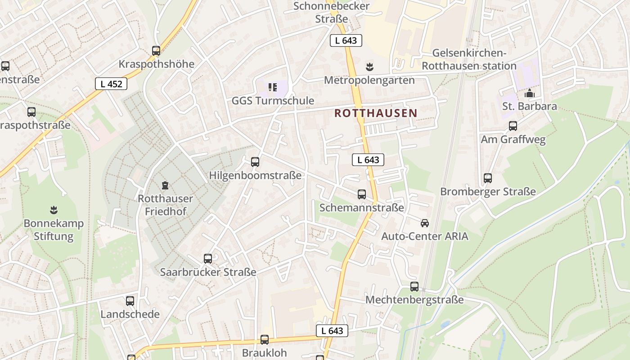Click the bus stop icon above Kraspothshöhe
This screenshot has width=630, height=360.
[x=156, y=51]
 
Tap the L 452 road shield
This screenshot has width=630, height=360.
[x=111, y=84]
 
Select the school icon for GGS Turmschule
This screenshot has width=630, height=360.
[x=272, y=87]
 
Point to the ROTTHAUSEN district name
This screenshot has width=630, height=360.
[x=376, y=113]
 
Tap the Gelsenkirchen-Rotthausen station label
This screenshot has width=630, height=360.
[x=468, y=59]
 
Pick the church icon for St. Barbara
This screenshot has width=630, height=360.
[x=529, y=94]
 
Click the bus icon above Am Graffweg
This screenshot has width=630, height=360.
[x=513, y=126]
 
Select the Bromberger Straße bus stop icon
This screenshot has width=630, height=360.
[x=488, y=178]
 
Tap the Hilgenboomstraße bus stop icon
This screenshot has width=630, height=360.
[x=255, y=162]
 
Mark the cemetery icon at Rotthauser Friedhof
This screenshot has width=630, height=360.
[x=165, y=185]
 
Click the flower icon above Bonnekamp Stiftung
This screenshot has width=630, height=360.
[x=54, y=210]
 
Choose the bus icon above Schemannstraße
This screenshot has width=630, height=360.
[x=361, y=194]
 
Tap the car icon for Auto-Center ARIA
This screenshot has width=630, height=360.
[x=424, y=223]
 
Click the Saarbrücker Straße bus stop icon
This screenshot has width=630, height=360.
[x=207, y=259]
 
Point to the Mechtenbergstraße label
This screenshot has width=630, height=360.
[x=414, y=300]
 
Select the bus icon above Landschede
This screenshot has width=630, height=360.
[x=130, y=301]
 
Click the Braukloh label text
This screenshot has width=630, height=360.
[x=264, y=352]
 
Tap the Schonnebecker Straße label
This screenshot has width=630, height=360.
[x=331, y=13]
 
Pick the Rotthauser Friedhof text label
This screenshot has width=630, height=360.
[x=165, y=205]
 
